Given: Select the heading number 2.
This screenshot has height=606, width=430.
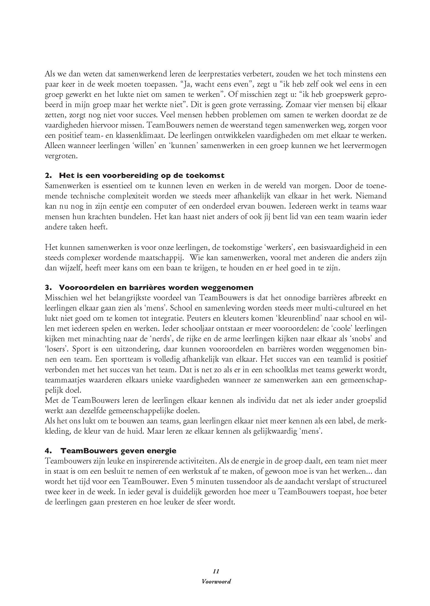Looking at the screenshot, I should tap(47, 175).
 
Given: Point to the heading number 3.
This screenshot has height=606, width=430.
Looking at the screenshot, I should tap(47, 288).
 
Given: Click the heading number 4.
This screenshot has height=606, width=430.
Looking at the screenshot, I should tap(47, 451).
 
